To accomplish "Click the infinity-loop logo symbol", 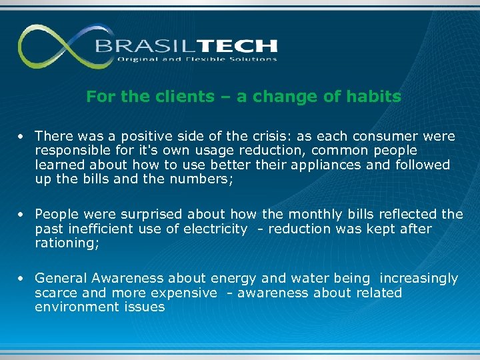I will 57,47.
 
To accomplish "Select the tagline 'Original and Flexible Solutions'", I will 197,59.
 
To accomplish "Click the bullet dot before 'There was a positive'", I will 22,137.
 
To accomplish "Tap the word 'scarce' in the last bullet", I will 56,293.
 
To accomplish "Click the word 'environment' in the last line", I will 77,307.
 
